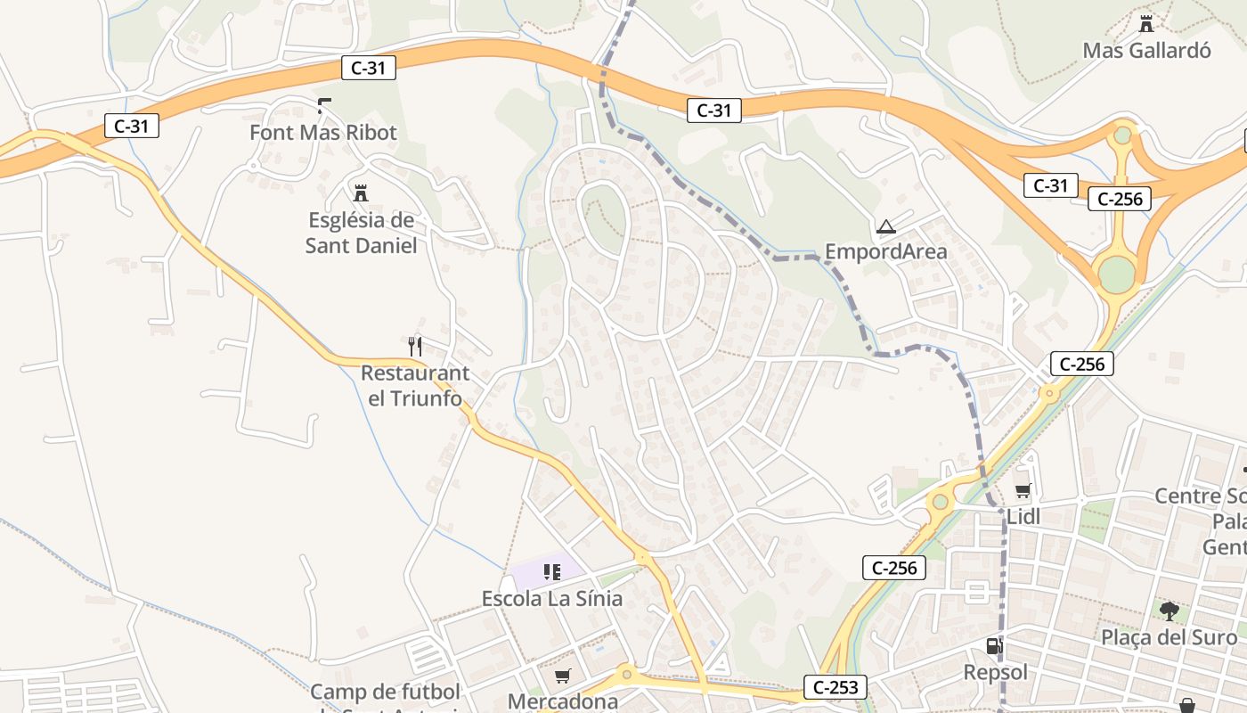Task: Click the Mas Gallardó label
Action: click(1146, 50)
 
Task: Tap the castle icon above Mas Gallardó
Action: click(1146, 23)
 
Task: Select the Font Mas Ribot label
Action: click(323, 133)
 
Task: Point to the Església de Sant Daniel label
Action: click(361, 233)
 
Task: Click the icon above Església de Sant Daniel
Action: click(361, 193)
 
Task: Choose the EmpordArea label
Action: click(885, 251)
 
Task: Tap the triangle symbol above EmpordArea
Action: click(885, 226)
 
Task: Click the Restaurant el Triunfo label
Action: click(415, 385)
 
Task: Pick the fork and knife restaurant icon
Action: click(414, 346)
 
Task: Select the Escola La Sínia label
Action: click(552, 598)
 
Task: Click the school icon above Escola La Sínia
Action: click(552, 571)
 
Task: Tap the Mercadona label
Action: click(562, 701)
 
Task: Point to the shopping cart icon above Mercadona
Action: click(562, 676)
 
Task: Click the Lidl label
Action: click(1023, 516)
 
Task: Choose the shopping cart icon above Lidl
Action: click(1023, 490)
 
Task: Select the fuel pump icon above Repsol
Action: click(995, 646)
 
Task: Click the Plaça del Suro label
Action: click(1169, 637)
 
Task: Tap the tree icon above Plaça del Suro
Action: click(1169, 611)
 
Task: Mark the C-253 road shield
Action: click(835, 686)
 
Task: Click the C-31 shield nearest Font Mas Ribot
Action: click(368, 68)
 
